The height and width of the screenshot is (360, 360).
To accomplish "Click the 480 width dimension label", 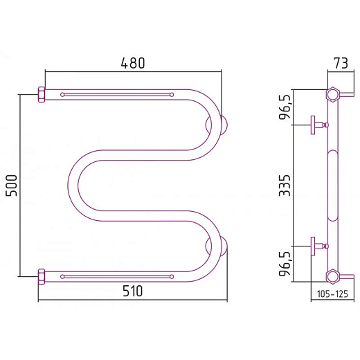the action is [x=133, y=63].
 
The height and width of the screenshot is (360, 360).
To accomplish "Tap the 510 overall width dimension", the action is [x=133, y=291].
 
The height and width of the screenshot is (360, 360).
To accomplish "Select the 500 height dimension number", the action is [x=12, y=186].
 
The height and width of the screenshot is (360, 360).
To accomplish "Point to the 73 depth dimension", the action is [x=341, y=63].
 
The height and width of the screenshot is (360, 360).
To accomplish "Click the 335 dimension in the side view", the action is [x=285, y=186].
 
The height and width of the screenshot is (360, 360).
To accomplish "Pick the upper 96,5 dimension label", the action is [x=285, y=107].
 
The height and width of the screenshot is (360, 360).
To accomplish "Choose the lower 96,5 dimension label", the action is [x=285, y=264].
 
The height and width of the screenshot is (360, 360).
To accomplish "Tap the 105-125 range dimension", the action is [x=332, y=294].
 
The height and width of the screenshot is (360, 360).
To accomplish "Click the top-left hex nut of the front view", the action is [x=42, y=94].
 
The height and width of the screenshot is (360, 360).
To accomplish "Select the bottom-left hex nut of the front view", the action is [x=42, y=276].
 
